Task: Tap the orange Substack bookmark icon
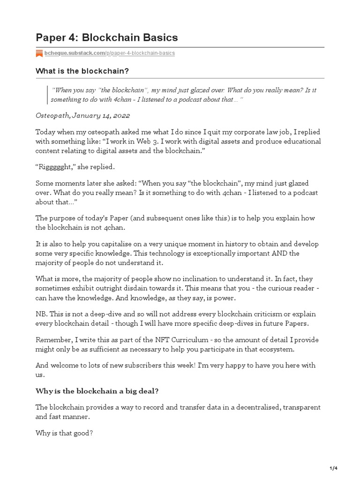click(x=39, y=53)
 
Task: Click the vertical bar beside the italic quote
click(x=47, y=94)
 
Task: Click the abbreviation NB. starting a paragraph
click(x=42, y=314)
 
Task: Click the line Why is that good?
click(x=64, y=433)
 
